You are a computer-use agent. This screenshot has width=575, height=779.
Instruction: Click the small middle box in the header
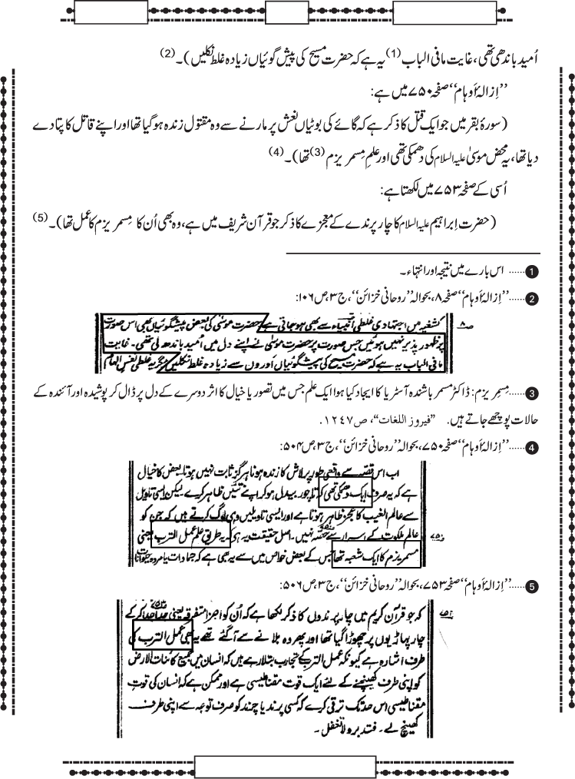coord(285,13)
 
